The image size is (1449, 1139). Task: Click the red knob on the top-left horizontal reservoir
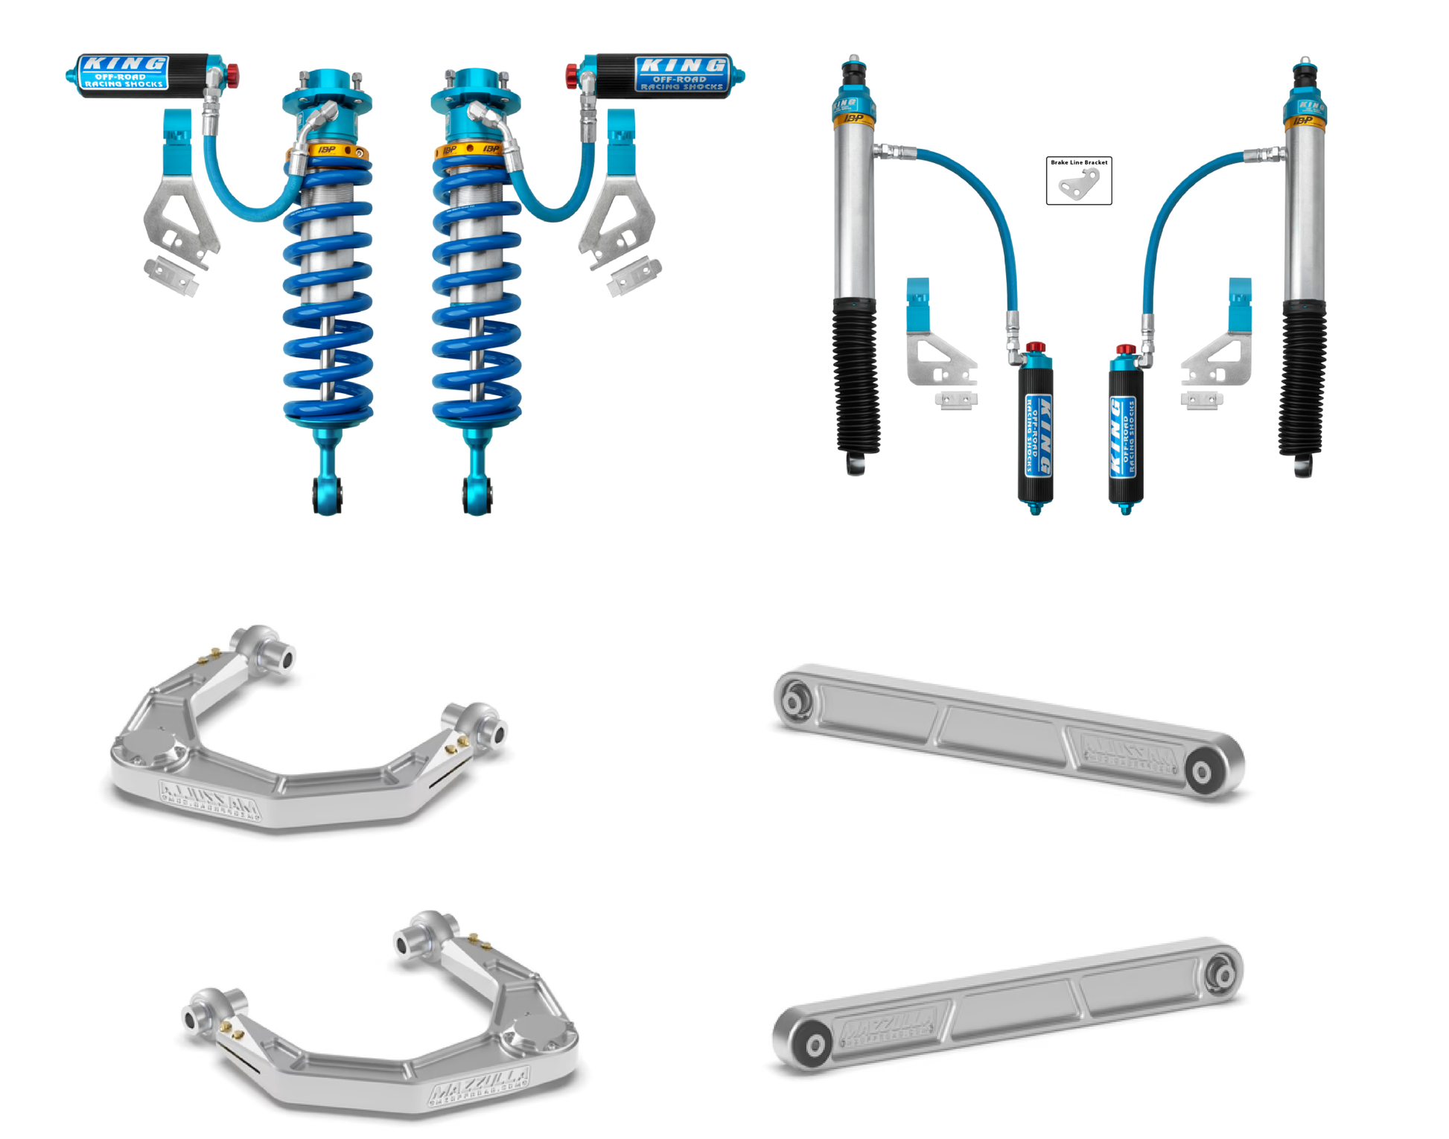click(232, 74)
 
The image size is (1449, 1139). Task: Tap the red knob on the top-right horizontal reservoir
click(572, 75)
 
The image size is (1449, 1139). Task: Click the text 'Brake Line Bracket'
click(1078, 162)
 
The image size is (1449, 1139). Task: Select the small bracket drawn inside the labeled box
click(1080, 185)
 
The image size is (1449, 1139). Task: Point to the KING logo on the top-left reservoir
click(124, 64)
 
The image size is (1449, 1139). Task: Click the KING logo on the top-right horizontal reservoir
click(681, 66)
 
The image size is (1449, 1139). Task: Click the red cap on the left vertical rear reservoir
click(1035, 348)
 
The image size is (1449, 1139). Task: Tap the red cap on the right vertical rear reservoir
click(1125, 349)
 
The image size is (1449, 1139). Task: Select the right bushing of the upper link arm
click(1201, 773)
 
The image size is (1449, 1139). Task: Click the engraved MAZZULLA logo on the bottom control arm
click(479, 1083)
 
